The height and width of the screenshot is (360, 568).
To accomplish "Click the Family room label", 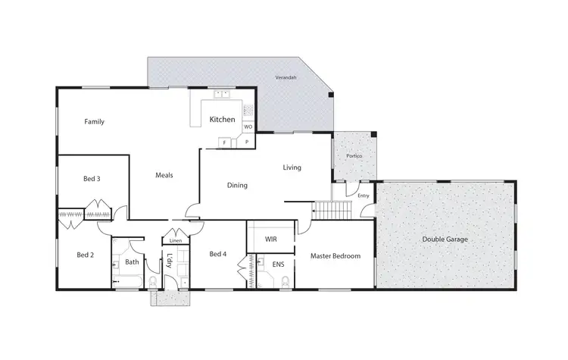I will pyautogui.click(x=95, y=121).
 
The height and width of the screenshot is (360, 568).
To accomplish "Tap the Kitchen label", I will pyautogui.click(x=222, y=120).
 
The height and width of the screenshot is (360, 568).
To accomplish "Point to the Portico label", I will pyautogui.click(x=354, y=156).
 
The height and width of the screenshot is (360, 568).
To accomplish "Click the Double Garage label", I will pyautogui.click(x=445, y=239).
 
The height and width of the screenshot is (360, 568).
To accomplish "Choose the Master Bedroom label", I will pyautogui.click(x=335, y=256).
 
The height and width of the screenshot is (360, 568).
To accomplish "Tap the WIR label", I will pyautogui.click(x=270, y=239).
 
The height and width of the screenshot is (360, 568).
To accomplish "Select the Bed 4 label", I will pyautogui.click(x=218, y=253).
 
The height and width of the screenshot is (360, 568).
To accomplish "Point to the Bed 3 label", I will pyautogui.click(x=92, y=179).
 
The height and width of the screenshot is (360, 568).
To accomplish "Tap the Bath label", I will pyautogui.click(x=132, y=262).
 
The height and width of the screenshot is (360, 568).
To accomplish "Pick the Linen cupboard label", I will pyautogui.click(x=176, y=241).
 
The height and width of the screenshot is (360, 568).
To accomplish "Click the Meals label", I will pyautogui.click(x=164, y=175).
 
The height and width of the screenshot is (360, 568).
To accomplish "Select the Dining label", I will pyautogui.click(x=238, y=185).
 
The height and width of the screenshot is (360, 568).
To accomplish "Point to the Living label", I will pyautogui.click(x=292, y=167).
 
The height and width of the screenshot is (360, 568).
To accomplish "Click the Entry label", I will pyautogui.click(x=364, y=196).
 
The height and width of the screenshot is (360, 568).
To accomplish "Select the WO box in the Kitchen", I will pyautogui.click(x=248, y=127).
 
